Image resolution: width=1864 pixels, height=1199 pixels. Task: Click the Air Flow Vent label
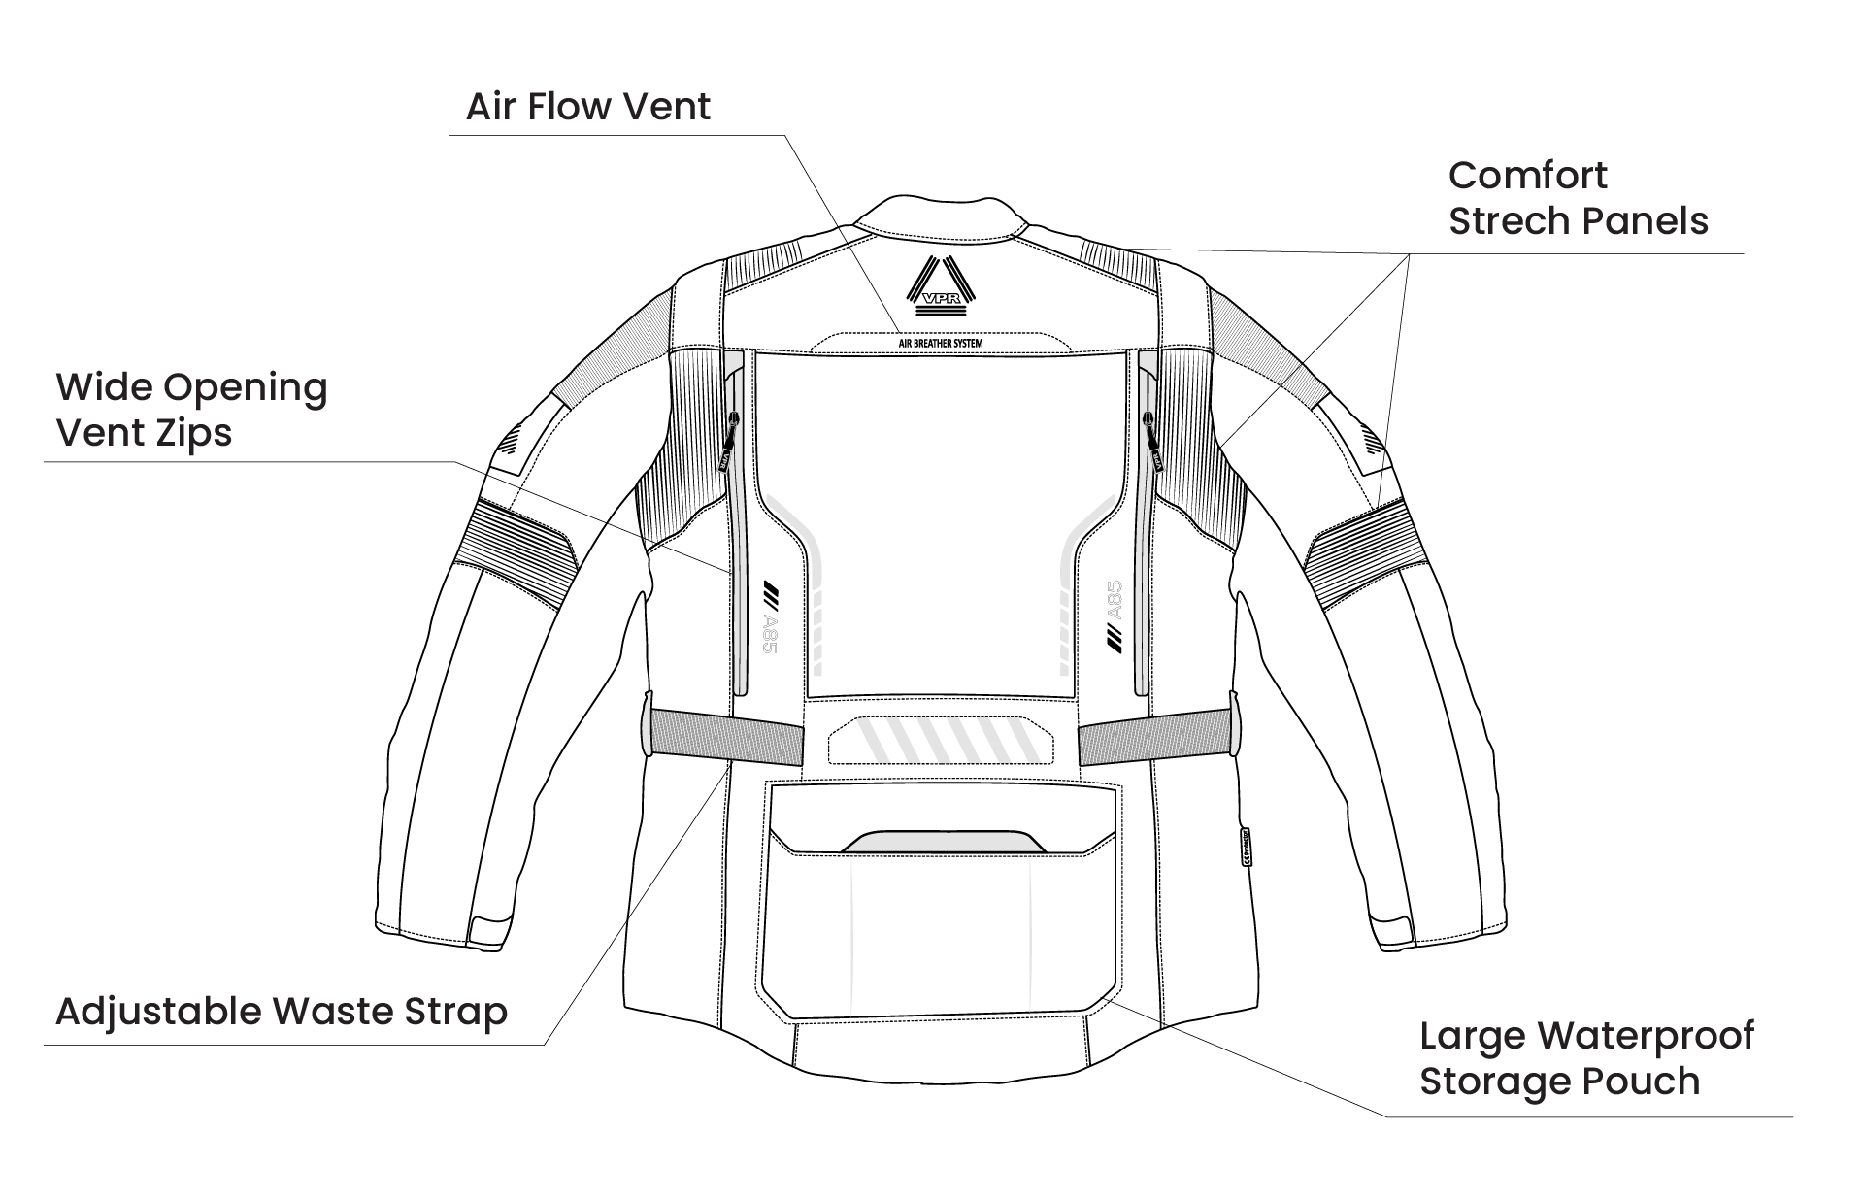[x=587, y=106]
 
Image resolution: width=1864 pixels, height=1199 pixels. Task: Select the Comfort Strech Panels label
[x=1577, y=198]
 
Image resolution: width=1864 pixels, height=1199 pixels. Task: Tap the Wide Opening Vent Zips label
[x=192, y=409]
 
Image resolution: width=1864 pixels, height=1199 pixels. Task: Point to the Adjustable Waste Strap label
[x=282, y=1012]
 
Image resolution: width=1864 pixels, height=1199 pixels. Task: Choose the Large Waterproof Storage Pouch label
[x=1586, y=1058]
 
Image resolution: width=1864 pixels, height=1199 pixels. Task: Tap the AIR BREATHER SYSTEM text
[x=939, y=344]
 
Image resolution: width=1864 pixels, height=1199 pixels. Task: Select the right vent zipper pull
[x=1153, y=442]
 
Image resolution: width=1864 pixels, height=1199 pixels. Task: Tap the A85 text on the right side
[x=1114, y=601]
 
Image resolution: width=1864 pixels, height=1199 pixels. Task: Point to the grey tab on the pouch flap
[x=943, y=842]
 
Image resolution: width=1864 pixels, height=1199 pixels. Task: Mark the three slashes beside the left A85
[x=772, y=589]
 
